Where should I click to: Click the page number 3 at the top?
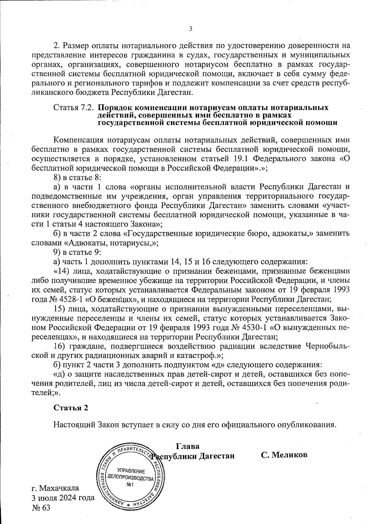pyautogui.click(x=191, y=29)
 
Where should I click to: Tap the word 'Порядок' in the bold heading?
pyautogui.click(x=115, y=108)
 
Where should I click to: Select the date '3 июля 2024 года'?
pyautogui.click(x=63, y=497)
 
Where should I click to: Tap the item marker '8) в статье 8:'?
pyautogui.click(x=77, y=178)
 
